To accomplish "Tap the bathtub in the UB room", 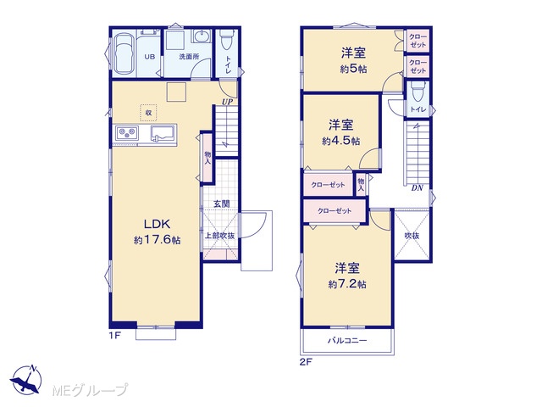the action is point(124,53).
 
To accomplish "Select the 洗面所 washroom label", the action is point(189,57).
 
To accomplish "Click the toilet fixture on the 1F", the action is point(227,40).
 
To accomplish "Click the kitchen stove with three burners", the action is point(127,132).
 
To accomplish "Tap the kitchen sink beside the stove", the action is point(163,133).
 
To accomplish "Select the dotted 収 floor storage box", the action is point(149,113).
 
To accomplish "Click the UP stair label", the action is point(227,102).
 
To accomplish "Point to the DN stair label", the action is point(418,188).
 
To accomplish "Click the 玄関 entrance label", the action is point(221,203).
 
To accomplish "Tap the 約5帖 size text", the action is point(353,69).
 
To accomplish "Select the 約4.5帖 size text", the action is point(340,141).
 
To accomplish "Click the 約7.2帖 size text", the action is point(347,284).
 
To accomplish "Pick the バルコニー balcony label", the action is point(347,341).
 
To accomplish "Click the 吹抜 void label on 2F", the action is point(412,236).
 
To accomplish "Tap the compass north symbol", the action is point(26,379).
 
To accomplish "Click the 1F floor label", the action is point(115,336).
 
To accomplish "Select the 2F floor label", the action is point(306,362).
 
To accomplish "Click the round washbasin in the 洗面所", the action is point(202,36).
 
